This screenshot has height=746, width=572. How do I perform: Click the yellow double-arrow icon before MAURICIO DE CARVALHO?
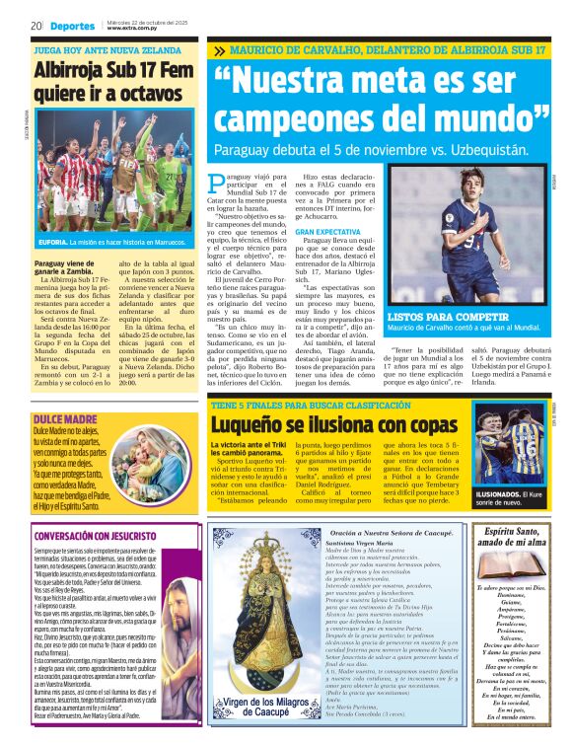coord(217,49)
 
